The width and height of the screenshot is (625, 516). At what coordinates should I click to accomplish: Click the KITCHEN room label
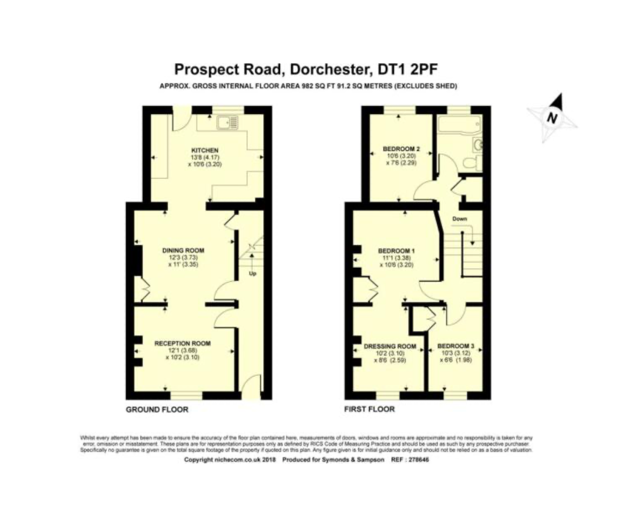coord(205,150)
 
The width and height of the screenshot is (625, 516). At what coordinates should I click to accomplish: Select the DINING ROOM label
coord(183,250)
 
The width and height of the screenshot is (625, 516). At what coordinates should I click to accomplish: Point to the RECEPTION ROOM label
coord(182,343)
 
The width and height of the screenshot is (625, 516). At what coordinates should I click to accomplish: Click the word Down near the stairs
coord(459,219)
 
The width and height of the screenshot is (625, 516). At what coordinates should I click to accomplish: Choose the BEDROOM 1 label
coord(396,251)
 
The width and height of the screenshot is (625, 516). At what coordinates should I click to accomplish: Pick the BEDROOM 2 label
coord(401,149)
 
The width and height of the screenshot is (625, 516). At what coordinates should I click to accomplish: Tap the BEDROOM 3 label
coord(455,346)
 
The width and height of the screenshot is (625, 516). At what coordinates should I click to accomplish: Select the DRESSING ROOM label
coord(390,346)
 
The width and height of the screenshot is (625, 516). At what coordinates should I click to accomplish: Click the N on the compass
coord(552,118)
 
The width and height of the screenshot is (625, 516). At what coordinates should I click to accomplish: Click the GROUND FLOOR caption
coord(157,409)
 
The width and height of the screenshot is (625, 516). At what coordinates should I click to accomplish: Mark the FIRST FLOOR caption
coord(369,409)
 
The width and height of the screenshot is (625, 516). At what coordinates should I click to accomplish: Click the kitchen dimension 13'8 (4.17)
coord(204,158)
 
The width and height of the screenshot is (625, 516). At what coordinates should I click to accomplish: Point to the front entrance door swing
coord(252,384)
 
